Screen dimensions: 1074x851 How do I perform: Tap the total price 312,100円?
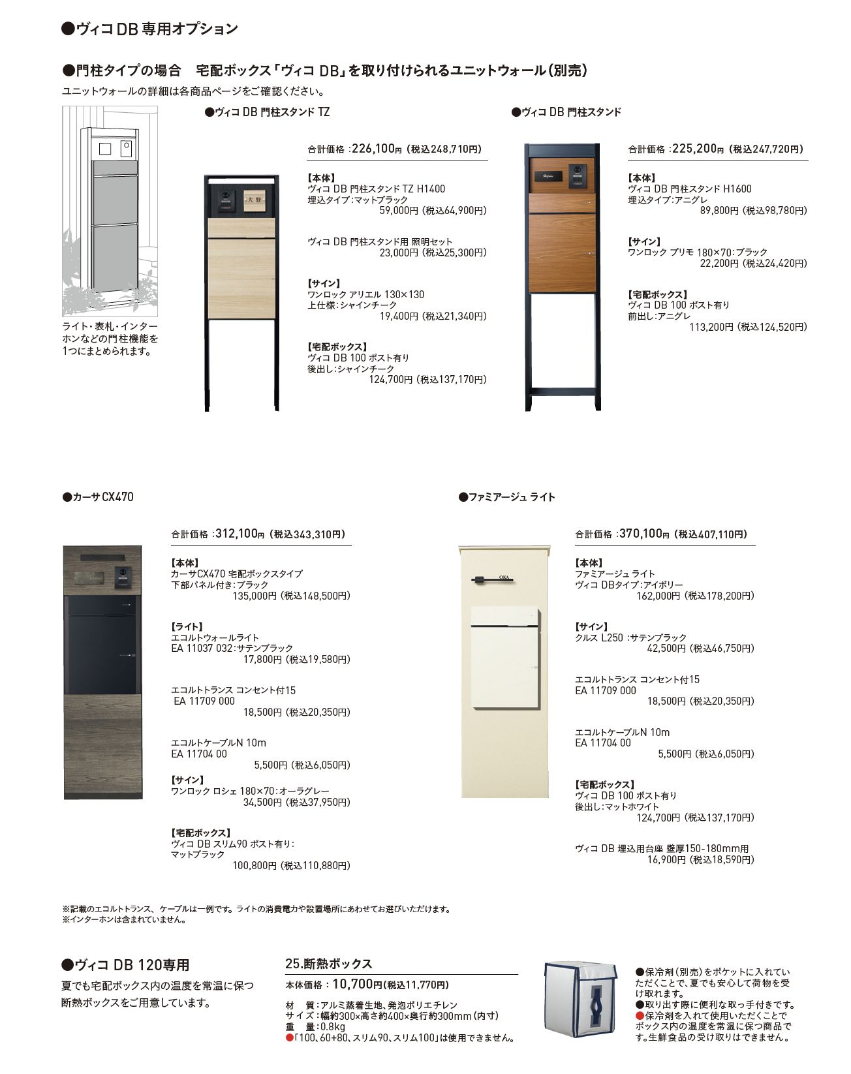[237, 534]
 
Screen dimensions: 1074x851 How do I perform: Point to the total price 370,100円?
[641, 534]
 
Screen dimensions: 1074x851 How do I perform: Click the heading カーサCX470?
[99, 497]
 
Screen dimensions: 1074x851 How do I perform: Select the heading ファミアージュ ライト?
[507, 497]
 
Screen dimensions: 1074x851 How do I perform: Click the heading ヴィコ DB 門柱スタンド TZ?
[268, 112]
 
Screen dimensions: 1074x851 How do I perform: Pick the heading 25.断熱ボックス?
[328, 964]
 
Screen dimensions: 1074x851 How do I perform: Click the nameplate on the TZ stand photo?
[253, 200]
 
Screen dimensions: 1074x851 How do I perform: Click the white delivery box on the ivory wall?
[506, 657]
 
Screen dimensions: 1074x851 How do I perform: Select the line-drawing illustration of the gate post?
[110, 211]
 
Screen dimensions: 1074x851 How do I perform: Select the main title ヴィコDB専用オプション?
[149, 29]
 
